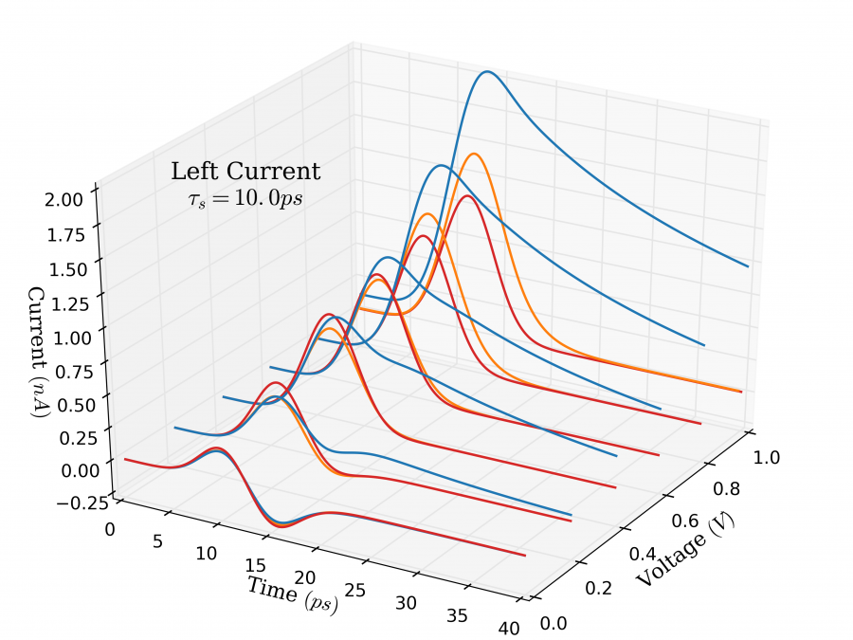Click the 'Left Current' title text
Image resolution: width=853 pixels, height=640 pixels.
coord(245,172)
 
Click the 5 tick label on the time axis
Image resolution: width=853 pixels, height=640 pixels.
coord(156,541)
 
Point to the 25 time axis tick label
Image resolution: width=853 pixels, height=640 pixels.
coord(354,590)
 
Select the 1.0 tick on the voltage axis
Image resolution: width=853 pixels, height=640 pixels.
coord(767,457)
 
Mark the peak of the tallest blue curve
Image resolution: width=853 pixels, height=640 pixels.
coord(487,71)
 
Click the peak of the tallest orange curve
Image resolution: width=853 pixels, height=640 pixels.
coord(473,153)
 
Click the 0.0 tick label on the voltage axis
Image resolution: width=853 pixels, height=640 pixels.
coord(554,623)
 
